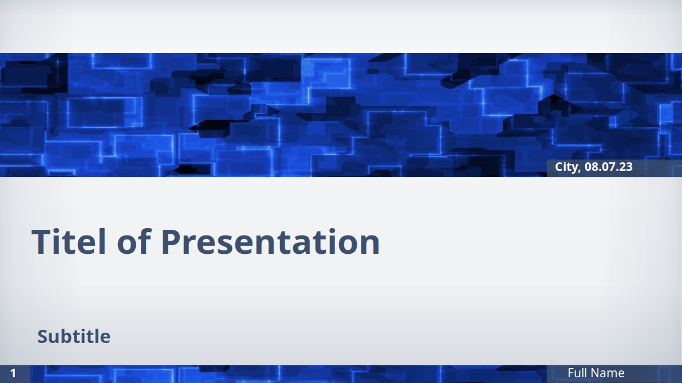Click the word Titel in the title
[x=69, y=241]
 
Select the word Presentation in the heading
[x=270, y=241]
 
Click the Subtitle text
[x=74, y=336]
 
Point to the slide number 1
[x=13, y=373]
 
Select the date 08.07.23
[x=609, y=167]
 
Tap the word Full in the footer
[x=577, y=373]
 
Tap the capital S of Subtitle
[x=42, y=337]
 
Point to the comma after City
[x=579, y=171]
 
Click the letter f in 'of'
[x=145, y=241]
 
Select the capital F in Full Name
[x=571, y=373]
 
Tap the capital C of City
[x=559, y=167]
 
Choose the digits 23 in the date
[x=627, y=167]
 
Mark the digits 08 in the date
[x=590, y=167]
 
